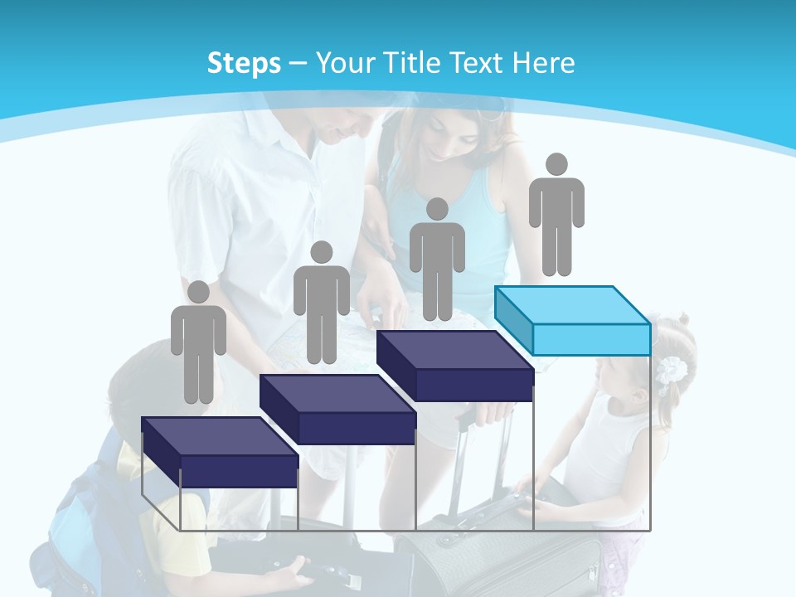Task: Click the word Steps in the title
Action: (x=244, y=63)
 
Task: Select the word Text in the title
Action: (x=479, y=63)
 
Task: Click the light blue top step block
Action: (x=572, y=320)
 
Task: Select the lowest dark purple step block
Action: (x=219, y=452)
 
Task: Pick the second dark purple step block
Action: (x=337, y=409)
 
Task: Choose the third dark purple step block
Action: (x=454, y=366)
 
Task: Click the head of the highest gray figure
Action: (x=556, y=164)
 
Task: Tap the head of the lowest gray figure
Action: (x=198, y=292)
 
